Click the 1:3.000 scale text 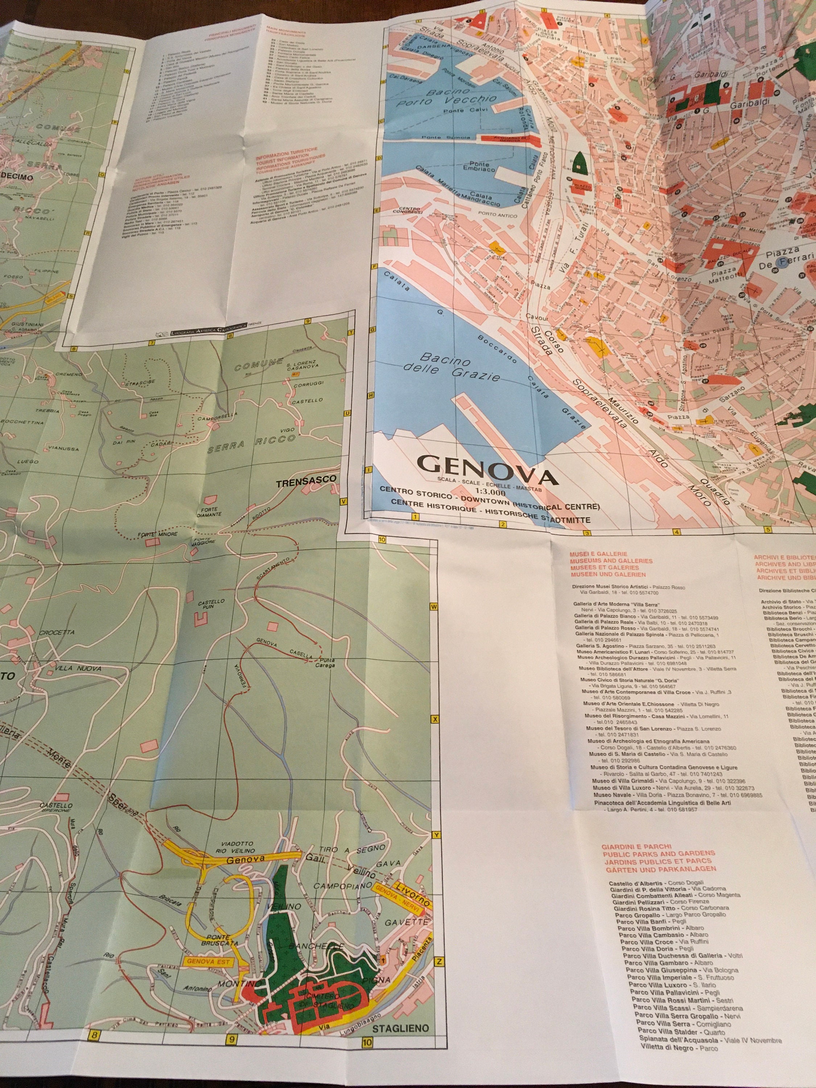(x=485, y=490)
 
